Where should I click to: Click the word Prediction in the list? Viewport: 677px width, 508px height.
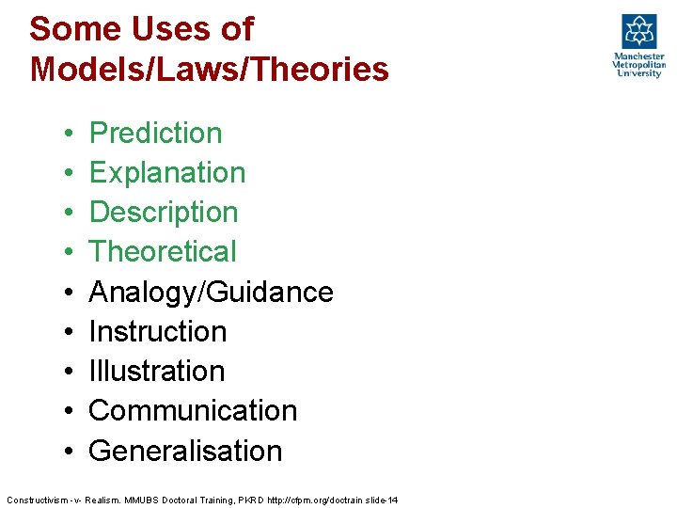155,134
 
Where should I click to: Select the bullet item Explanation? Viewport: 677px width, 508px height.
166,173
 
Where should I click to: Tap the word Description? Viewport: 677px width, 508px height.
164,213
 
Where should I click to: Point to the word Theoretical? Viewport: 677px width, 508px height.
163,252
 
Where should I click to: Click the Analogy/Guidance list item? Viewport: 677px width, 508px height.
211,292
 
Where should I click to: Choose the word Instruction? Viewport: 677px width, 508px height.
158,331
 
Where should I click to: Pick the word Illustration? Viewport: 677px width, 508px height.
157,371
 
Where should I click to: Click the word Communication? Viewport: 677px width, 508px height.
193,410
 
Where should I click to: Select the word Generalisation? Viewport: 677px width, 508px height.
185,451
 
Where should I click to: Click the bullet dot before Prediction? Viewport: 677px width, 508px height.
71,135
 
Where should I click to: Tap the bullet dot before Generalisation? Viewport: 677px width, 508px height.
71,452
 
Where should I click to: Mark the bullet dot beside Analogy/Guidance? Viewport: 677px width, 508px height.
71,293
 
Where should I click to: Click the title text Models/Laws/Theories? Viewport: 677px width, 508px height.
209,69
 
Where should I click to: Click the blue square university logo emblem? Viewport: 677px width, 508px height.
638,31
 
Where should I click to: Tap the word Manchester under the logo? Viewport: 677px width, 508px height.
638,56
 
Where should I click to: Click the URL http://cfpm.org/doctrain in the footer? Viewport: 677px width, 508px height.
311,499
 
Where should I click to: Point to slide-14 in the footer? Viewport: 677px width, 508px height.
380,499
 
